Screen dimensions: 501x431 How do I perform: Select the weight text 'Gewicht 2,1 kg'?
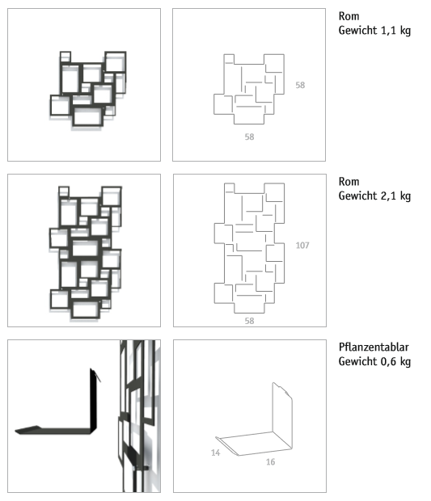375,196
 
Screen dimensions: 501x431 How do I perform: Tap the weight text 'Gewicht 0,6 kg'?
375,360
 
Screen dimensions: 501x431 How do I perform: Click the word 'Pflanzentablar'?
374,347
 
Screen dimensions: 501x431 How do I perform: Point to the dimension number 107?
303,245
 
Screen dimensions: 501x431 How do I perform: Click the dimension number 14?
216,453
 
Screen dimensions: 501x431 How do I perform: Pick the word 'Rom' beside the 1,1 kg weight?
349,18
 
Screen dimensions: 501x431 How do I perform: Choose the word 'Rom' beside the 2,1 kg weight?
349,183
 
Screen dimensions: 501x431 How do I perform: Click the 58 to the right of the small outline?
300,84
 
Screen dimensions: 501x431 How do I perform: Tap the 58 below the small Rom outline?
249,137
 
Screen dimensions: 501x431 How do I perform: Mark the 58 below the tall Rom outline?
249,321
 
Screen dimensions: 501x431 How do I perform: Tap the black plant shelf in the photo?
73,420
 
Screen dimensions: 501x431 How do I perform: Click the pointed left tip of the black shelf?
17,430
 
